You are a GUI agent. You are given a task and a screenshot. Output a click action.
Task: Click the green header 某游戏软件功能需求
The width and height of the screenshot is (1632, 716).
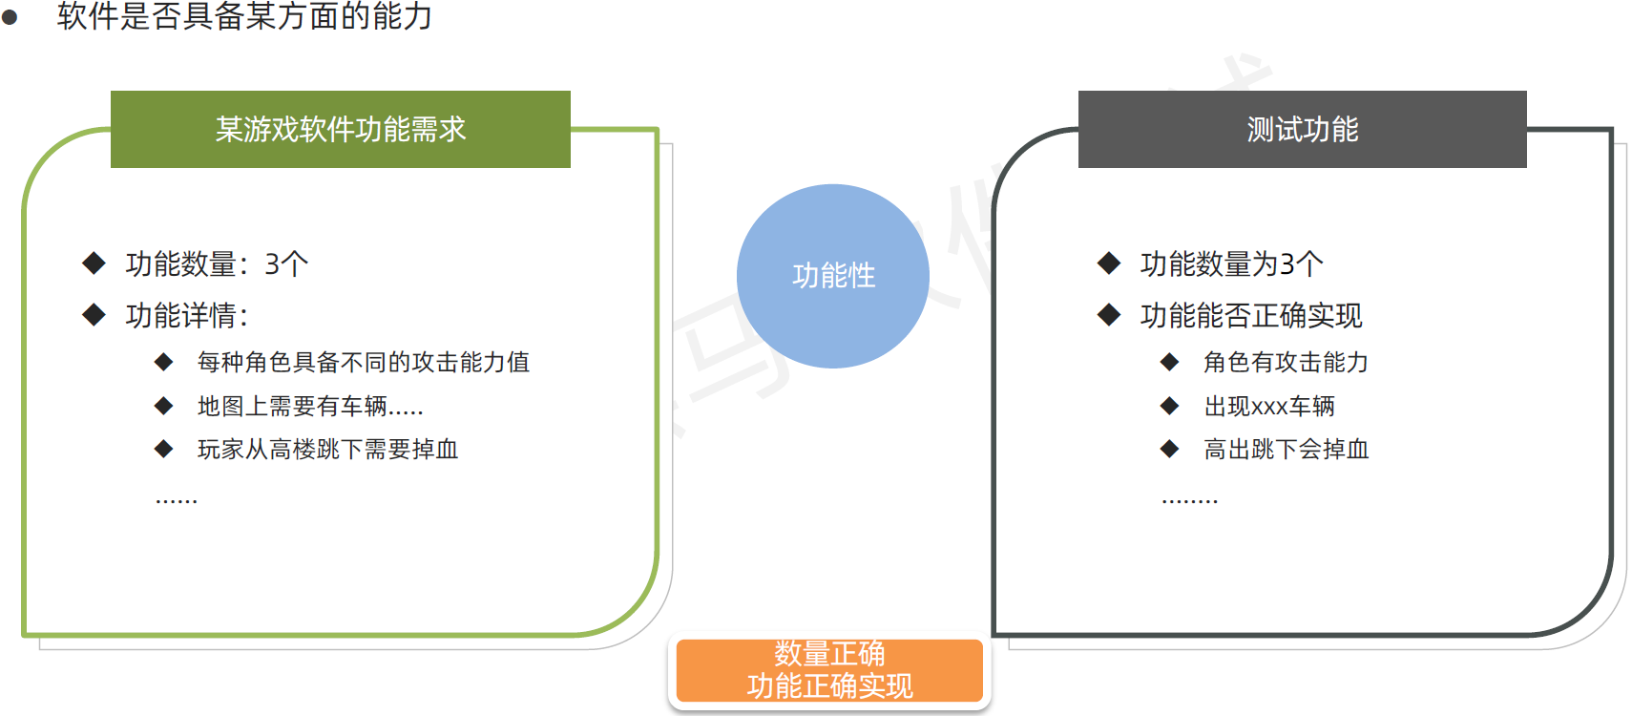point(340,129)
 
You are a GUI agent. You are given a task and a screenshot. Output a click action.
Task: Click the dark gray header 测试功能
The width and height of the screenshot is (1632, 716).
point(1302,129)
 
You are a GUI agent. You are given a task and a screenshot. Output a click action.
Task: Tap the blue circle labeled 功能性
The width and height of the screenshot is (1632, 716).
point(833,276)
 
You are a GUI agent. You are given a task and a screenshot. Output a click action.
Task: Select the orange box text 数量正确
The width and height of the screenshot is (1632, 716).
point(829,653)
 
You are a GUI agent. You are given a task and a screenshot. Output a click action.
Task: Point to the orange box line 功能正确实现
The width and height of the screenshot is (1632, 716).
point(829,685)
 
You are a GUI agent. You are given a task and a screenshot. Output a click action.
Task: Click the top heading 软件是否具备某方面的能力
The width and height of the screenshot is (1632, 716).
point(244,15)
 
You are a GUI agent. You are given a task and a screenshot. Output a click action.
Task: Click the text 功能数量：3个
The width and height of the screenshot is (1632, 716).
point(217,263)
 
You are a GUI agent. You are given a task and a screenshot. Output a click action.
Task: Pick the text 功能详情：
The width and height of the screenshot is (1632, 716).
point(188,315)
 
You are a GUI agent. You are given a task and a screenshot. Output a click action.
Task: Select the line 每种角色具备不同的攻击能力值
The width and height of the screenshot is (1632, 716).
point(363,362)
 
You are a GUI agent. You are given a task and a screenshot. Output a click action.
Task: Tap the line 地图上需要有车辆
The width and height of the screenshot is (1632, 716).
point(310,406)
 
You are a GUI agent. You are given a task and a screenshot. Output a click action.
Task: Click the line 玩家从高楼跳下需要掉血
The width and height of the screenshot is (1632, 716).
point(327,449)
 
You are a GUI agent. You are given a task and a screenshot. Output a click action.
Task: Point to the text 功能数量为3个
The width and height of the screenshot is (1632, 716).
point(1231,263)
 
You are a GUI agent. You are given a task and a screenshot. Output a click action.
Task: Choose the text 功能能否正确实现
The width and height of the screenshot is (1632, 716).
point(1250,315)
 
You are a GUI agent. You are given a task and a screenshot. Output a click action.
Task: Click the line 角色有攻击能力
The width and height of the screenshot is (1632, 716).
point(1286,362)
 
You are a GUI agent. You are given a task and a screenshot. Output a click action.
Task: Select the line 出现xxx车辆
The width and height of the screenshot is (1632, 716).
point(1269,406)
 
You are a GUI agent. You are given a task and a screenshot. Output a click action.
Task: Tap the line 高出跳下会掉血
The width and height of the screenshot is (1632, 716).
point(1286,449)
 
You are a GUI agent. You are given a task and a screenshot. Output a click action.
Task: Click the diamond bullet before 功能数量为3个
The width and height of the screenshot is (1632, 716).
point(1108,263)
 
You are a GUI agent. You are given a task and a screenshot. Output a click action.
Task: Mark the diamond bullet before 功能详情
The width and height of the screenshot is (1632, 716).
point(94,314)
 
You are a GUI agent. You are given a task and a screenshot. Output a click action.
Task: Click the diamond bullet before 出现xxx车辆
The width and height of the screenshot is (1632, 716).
point(1169,406)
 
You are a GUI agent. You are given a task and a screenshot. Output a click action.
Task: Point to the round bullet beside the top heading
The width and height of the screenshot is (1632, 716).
point(10,16)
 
